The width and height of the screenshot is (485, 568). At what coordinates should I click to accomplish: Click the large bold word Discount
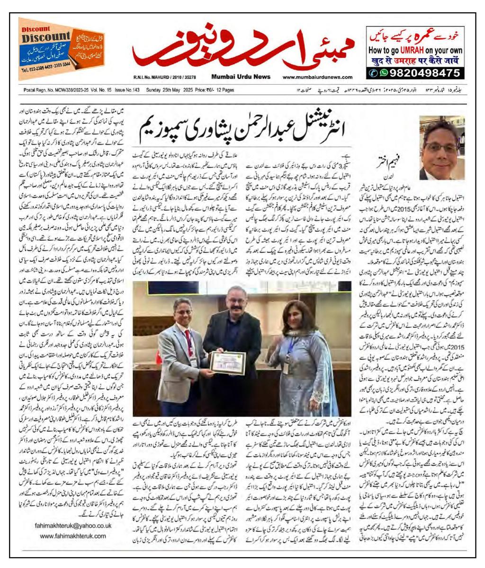tap(45, 37)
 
